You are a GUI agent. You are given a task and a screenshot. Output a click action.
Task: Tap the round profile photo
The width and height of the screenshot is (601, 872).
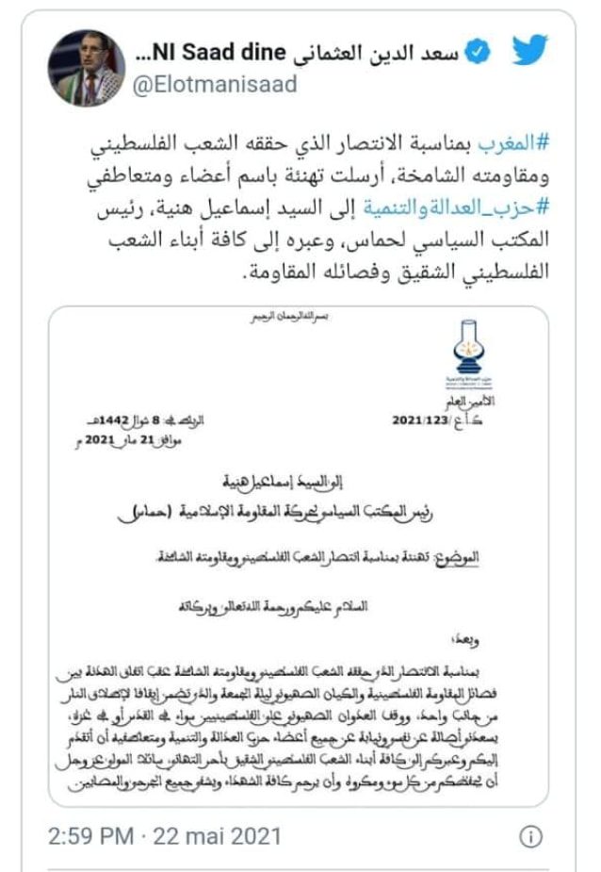(87, 68)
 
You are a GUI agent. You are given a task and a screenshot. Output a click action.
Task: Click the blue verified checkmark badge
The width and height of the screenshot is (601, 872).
(478, 53)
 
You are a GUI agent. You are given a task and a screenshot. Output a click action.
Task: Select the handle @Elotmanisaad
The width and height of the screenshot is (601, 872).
(217, 85)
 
